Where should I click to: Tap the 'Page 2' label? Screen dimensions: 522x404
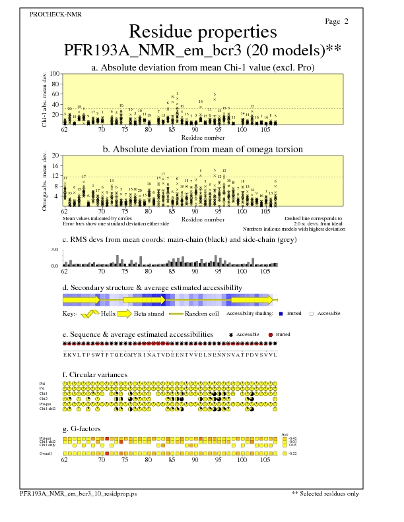tap(337, 22)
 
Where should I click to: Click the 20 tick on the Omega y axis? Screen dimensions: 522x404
tap(56, 156)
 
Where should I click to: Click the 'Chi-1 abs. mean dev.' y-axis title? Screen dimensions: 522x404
tap(44, 99)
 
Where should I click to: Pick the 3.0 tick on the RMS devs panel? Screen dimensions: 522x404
tap(55, 250)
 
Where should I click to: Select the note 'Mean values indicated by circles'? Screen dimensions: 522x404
tap(89, 217)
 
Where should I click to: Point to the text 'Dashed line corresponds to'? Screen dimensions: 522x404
tap(313, 217)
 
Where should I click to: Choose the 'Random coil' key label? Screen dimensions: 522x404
tap(201, 313)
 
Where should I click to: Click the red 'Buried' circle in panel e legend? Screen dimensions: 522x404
tap(271, 335)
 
